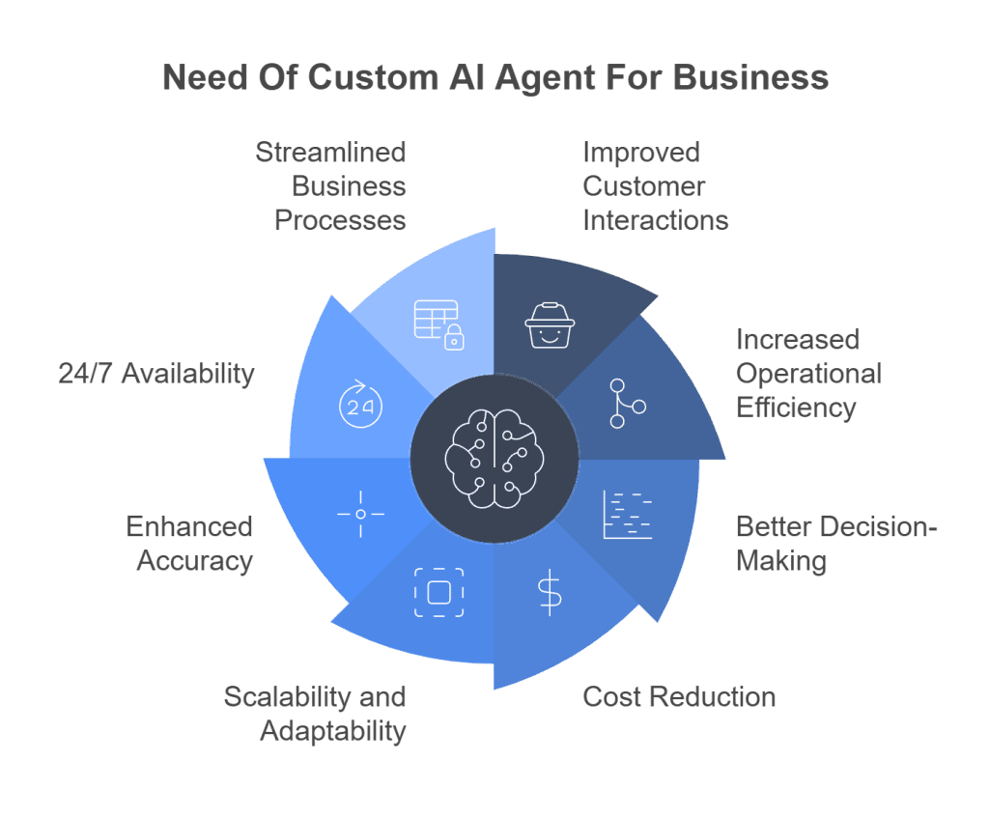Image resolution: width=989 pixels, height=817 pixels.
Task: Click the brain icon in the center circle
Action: pyautogui.click(x=494, y=458)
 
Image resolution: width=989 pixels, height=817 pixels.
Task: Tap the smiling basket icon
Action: pyautogui.click(x=550, y=325)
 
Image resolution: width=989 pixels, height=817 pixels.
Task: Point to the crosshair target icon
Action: pyautogui.click(x=360, y=514)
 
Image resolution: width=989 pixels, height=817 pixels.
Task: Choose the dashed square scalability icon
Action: pyautogui.click(x=438, y=592)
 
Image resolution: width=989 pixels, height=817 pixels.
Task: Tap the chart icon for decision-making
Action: pyautogui.click(x=627, y=514)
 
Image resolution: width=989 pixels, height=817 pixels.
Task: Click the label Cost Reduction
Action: pyautogui.click(x=679, y=697)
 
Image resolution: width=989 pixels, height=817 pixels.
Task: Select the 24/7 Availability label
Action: pyautogui.click(x=156, y=374)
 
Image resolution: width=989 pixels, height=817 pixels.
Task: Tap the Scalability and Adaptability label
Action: pyautogui.click(x=315, y=714)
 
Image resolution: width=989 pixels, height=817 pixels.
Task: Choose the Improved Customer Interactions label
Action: pyautogui.click(x=655, y=186)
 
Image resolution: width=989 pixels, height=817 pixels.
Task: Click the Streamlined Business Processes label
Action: pyautogui.click(x=330, y=186)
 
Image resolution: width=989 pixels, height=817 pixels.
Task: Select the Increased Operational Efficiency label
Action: pyautogui.click(x=808, y=374)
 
